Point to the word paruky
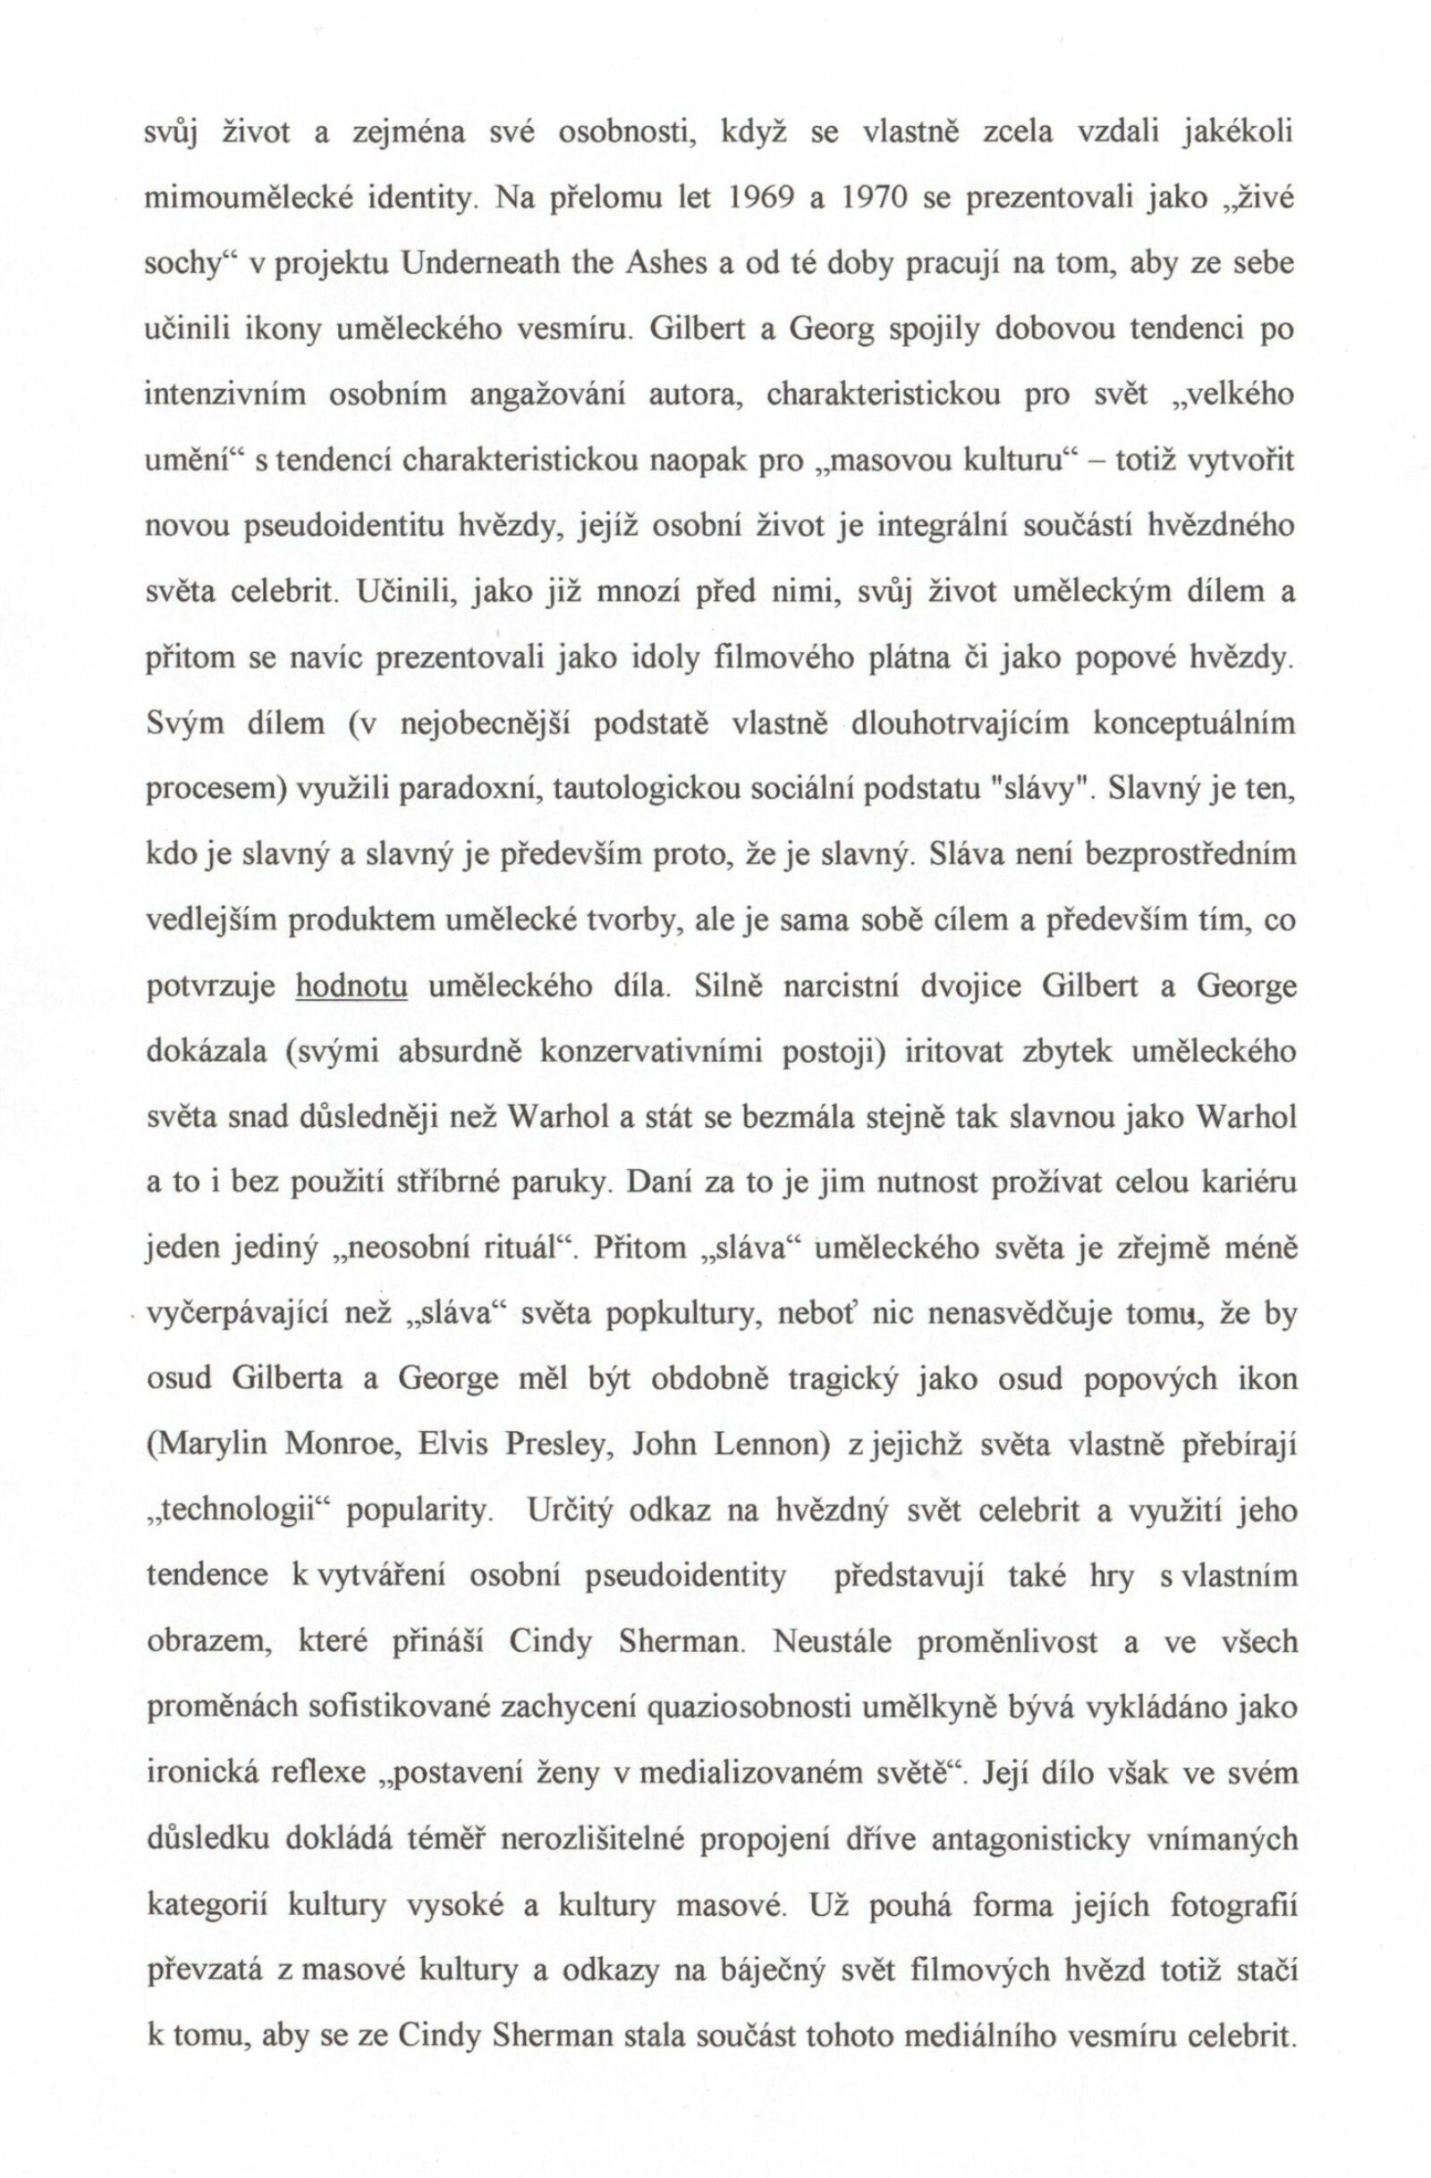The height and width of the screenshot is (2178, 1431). click(x=559, y=1187)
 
